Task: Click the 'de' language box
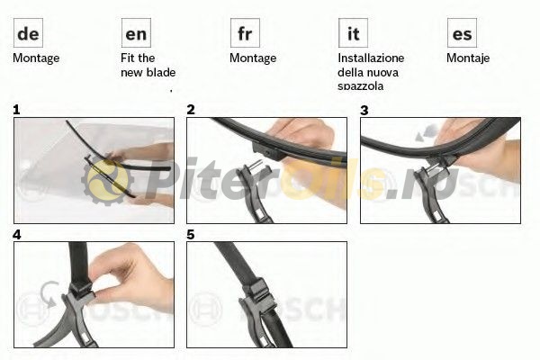(x=28, y=33)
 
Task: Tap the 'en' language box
(x=136, y=33)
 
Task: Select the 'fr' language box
(x=245, y=33)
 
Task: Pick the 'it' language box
(x=353, y=33)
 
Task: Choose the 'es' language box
(x=462, y=33)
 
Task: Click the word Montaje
(x=468, y=58)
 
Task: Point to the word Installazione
(x=371, y=58)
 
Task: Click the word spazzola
(x=360, y=85)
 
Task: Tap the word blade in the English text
(x=161, y=72)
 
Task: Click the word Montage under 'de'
(x=36, y=58)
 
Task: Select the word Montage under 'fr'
(x=253, y=58)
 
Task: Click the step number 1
(x=16, y=110)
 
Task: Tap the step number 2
(x=191, y=110)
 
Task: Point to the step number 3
(x=364, y=110)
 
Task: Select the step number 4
(x=17, y=235)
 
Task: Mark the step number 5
(x=191, y=235)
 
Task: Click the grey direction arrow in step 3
(x=426, y=133)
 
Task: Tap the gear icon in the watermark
(x=107, y=181)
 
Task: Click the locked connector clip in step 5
(x=259, y=295)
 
